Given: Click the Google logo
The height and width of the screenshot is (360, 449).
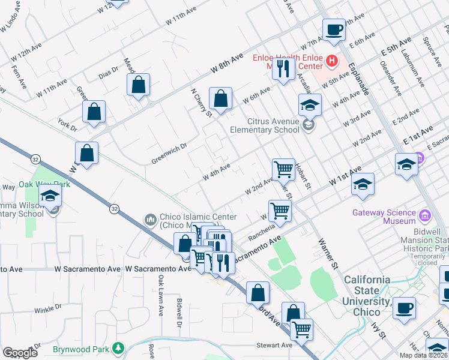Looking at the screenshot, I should (x=19, y=353).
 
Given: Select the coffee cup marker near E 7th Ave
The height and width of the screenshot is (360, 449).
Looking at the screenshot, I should (x=334, y=29).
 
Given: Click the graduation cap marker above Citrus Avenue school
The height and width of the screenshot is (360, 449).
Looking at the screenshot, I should (x=309, y=104).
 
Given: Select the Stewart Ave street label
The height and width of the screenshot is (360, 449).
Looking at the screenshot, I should (x=274, y=346).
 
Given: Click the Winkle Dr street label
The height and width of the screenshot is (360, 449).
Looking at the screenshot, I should (x=48, y=309).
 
